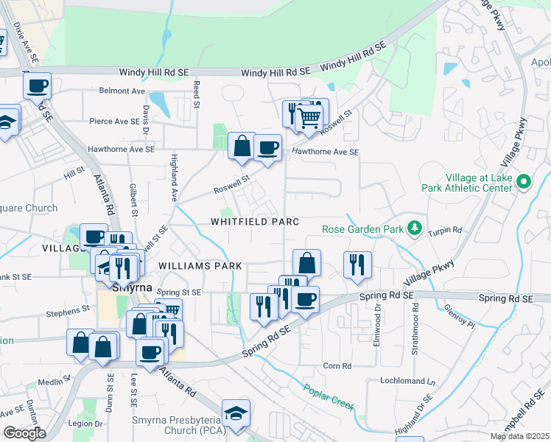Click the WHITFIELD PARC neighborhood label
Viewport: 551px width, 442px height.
(254, 221)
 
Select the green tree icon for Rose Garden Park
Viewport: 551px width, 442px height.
(415, 228)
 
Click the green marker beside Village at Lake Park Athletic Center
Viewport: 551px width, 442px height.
(524, 181)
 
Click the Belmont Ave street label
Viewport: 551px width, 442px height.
(122, 91)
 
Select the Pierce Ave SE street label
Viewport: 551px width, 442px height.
(114, 121)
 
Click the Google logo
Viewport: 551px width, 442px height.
(24, 432)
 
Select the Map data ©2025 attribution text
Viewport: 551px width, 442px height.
(519, 436)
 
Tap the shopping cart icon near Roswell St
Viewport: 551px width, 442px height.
(310, 116)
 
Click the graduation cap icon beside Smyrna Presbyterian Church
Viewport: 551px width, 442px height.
(236, 413)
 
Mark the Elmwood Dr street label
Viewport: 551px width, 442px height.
(379, 312)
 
